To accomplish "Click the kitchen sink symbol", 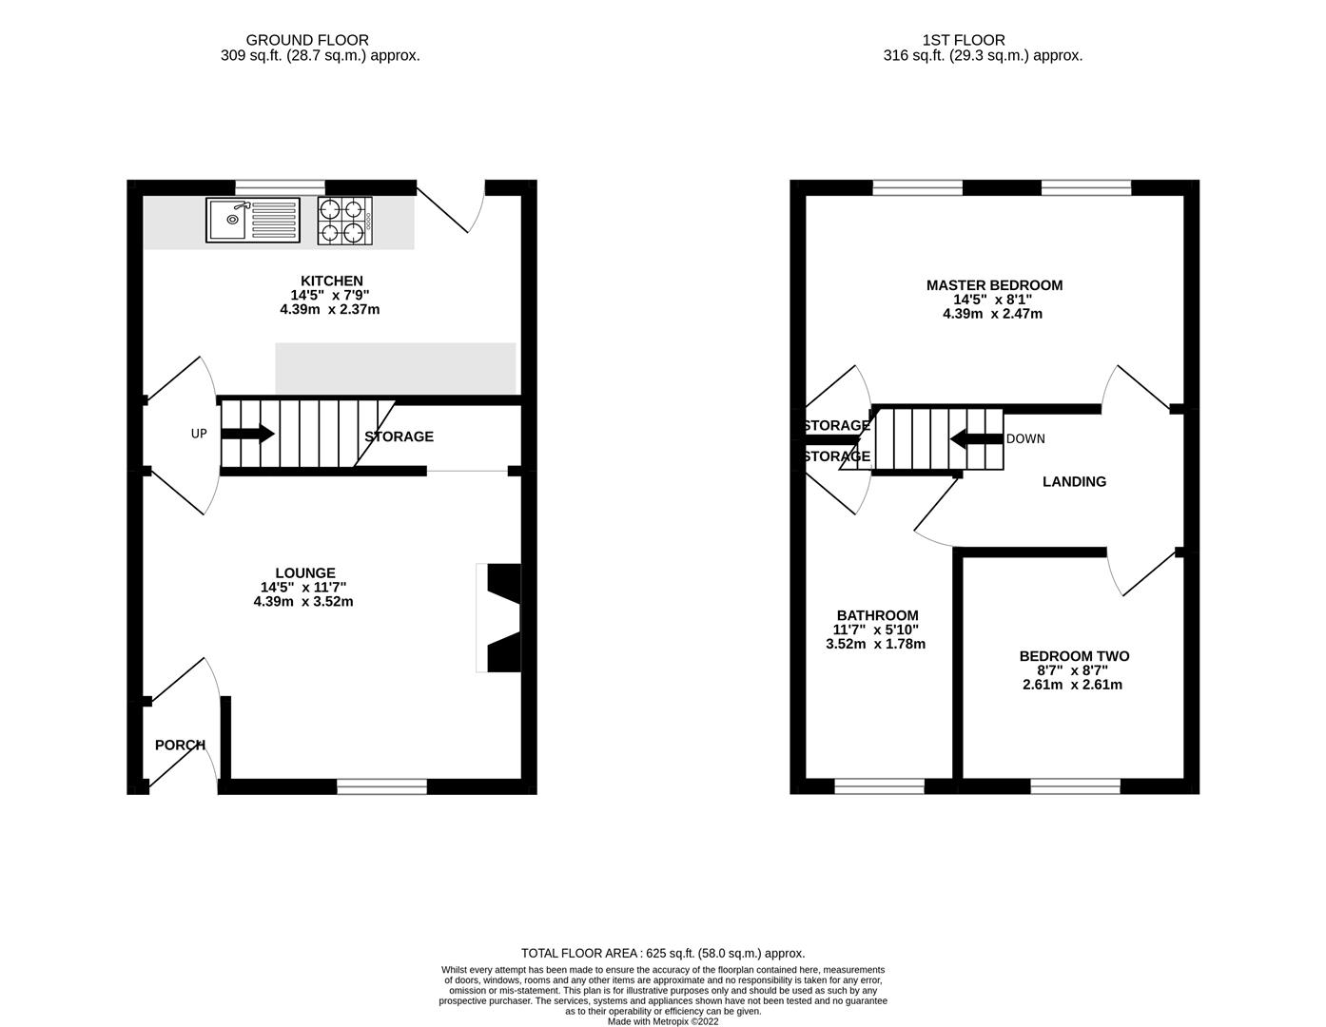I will pyautogui.click(x=252, y=221).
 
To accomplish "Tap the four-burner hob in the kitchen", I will pyautogui.click(x=344, y=221).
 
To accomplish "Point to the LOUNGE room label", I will pyautogui.click(x=305, y=572).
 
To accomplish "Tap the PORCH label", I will pyautogui.click(x=180, y=745).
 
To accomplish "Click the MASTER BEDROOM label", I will pyautogui.click(x=994, y=285).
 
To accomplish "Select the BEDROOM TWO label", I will pyautogui.click(x=1074, y=656).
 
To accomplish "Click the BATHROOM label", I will pyautogui.click(x=877, y=615).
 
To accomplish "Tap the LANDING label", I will pyautogui.click(x=1074, y=481).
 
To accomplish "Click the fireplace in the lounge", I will pyautogui.click(x=502, y=618).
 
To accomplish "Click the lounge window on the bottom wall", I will pyautogui.click(x=381, y=786).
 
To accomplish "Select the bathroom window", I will pyautogui.click(x=879, y=786).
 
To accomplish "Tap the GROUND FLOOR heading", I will pyautogui.click(x=306, y=40).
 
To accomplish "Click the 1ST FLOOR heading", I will pyautogui.click(x=963, y=40).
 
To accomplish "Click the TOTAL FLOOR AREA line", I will pyautogui.click(x=663, y=953).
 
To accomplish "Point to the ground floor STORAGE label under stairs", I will pyautogui.click(x=399, y=436).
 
